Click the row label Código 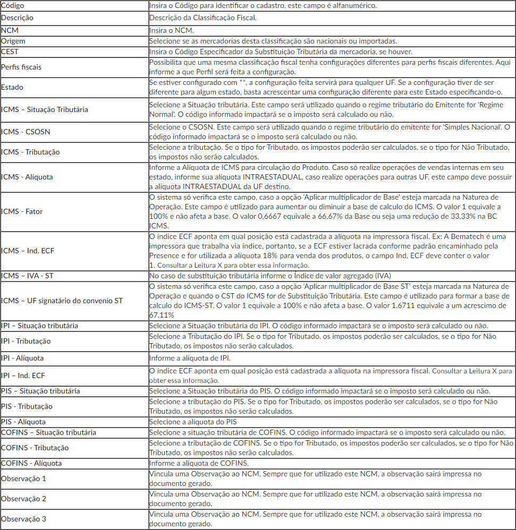[x=13, y=5]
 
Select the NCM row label [x=10, y=30]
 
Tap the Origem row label [x=13, y=41]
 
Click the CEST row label [x=10, y=52]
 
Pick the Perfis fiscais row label [x=21, y=67]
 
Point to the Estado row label [x=12, y=87]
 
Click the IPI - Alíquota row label [x=22, y=358]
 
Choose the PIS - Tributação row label [x=27, y=406]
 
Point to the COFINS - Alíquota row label [x=31, y=463]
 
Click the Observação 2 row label [x=23, y=499]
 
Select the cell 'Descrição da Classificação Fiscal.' [x=203, y=18]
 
